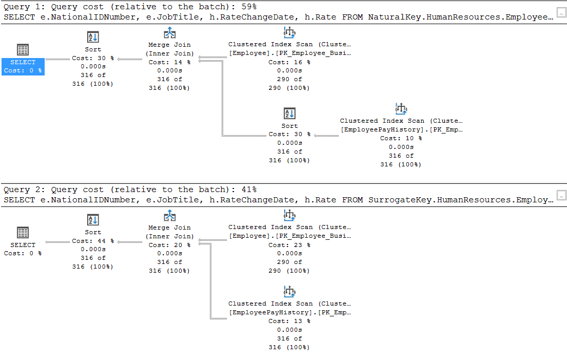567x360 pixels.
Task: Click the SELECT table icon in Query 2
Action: pos(23,233)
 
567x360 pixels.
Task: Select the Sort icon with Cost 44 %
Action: pos(93,220)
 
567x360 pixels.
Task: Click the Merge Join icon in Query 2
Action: pos(170,216)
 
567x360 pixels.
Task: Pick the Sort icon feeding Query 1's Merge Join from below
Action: pos(289,113)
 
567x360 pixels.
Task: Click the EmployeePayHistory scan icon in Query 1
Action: pos(401,109)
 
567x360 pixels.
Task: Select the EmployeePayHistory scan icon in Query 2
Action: pos(289,292)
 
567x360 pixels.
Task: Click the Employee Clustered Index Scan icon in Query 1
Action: pos(289,32)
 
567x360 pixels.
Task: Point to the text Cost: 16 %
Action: pos(289,62)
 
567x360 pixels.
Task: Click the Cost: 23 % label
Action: pos(289,245)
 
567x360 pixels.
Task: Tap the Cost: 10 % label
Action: pos(401,138)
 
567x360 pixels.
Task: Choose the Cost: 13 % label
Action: pos(289,321)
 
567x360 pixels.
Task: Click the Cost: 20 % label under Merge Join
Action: pos(169,245)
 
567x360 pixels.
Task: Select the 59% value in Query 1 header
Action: pos(249,7)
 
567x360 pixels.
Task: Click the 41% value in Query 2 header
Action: pos(249,190)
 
